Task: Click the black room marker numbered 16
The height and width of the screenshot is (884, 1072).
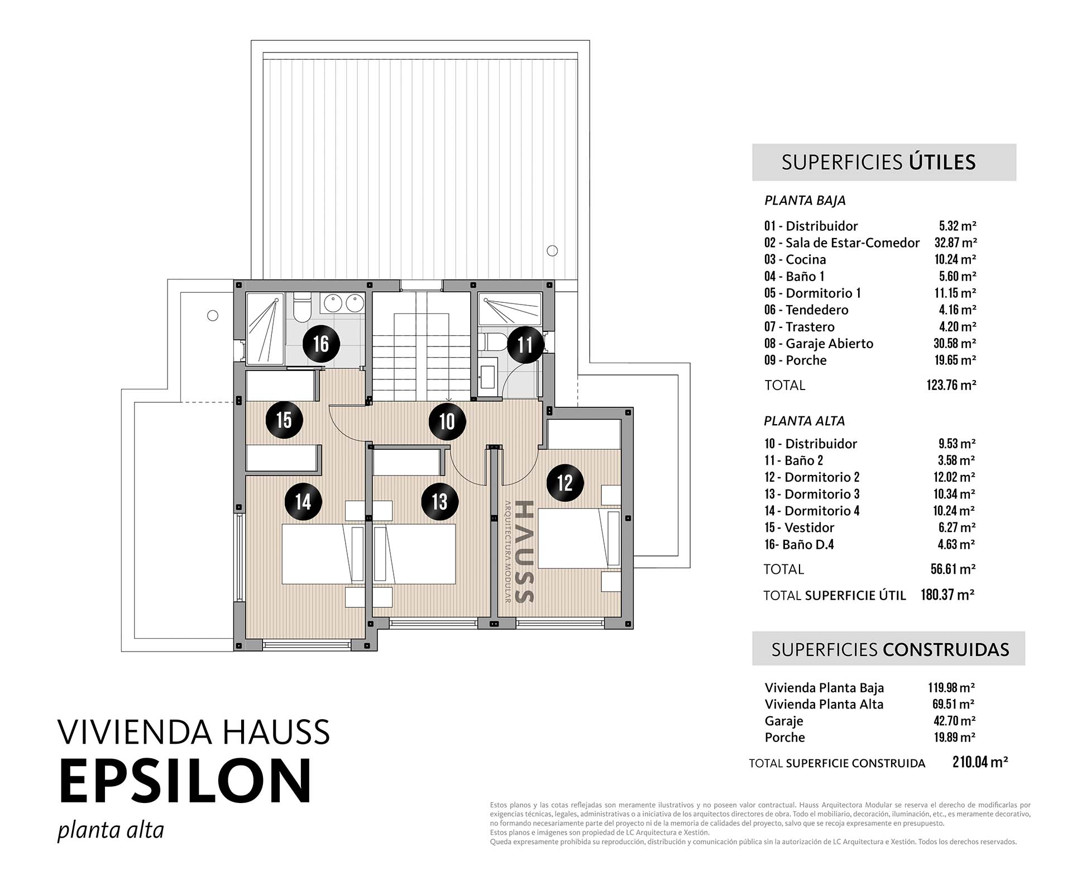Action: pyautogui.click(x=321, y=344)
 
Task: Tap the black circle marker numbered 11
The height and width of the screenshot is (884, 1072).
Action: pyautogui.click(x=525, y=345)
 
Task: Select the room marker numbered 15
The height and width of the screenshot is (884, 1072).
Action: pyautogui.click(x=284, y=420)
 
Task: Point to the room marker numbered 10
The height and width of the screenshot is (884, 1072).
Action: pyautogui.click(x=447, y=421)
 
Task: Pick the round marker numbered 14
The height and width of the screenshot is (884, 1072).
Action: pyautogui.click(x=303, y=501)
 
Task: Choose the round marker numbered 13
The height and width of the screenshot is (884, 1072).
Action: pyautogui.click(x=439, y=501)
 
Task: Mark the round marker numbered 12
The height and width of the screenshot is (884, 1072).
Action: pyautogui.click(x=565, y=482)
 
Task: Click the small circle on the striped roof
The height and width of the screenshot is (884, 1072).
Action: pyautogui.click(x=552, y=251)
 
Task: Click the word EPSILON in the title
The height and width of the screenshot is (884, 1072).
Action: pyautogui.click(x=185, y=781)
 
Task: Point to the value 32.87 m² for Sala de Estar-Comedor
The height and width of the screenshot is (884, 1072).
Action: pyautogui.click(x=956, y=243)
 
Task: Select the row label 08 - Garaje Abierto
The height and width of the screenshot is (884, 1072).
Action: pyautogui.click(x=819, y=344)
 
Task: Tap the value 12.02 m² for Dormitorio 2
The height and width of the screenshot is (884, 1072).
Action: pyautogui.click(x=956, y=477)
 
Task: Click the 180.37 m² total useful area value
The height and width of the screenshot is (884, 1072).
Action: pyautogui.click(x=947, y=595)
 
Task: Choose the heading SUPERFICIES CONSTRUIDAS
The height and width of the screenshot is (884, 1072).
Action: pyautogui.click(x=891, y=649)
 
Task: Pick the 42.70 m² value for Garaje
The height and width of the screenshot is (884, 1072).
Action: pyautogui.click(x=954, y=721)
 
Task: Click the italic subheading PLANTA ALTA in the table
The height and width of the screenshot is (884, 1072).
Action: pyautogui.click(x=805, y=421)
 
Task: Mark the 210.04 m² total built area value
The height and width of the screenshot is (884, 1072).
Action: pyautogui.click(x=980, y=762)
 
